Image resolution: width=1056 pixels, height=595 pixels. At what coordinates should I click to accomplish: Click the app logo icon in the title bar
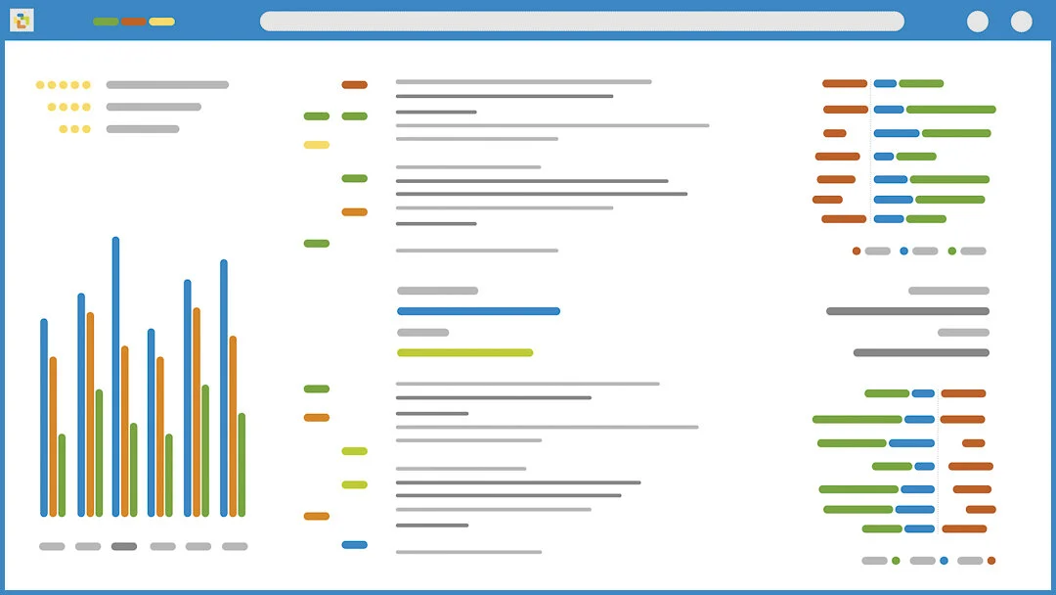tap(22, 20)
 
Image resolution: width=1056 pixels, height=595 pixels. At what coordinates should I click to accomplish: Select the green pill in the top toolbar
tap(106, 22)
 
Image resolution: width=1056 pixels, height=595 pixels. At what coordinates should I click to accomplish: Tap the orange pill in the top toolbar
tap(134, 22)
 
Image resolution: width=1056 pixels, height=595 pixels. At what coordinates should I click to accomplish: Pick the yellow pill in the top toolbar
tap(162, 22)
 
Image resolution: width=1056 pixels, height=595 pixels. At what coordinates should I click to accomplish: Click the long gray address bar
tap(582, 22)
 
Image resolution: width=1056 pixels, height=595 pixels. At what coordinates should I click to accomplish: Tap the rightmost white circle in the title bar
tap(1021, 22)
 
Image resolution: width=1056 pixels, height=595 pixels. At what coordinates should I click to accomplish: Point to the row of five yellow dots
tap(63, 85)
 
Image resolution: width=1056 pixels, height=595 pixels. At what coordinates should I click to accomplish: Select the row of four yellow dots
tap(68, 107)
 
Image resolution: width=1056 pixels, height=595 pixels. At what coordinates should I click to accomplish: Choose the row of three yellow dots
tap(74, 128)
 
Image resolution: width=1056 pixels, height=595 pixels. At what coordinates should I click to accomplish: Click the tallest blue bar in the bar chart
tap(115, 377)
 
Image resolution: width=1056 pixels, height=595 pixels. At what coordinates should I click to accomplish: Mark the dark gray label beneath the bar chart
tap(124, 546)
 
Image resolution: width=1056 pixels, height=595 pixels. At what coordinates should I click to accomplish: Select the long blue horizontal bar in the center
tap(478, 311)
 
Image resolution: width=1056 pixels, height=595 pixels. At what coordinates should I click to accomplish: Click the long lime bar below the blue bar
tap(464, 352)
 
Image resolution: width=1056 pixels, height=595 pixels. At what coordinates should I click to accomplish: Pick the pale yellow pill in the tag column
tap(316, 145)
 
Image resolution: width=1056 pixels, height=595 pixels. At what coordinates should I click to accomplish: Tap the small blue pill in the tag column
tap(354, 544)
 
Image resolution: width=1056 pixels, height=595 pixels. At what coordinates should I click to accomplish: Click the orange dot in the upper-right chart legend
tap(857, 251)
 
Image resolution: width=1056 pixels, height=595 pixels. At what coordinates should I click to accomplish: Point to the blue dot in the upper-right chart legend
tap(903, 251)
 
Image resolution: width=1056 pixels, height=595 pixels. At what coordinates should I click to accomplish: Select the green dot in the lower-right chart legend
tap(896, 561)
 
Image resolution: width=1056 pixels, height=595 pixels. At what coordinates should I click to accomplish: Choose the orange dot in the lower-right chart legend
tap(991, 561)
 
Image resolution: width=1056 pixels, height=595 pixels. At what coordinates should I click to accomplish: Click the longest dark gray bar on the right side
tap(907, 311)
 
